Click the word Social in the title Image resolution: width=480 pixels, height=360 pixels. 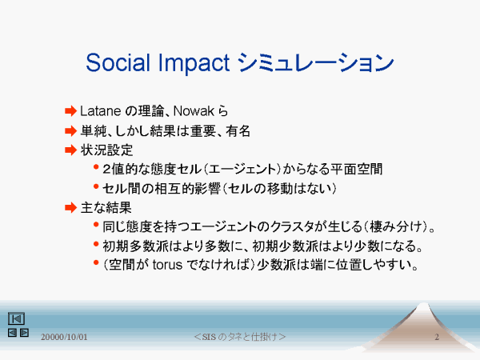pos(118,62)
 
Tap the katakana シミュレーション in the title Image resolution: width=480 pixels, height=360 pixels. pos(316,62)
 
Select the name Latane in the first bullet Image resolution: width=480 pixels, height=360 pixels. pos(101,111)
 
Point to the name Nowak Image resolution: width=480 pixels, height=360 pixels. pos(194,111)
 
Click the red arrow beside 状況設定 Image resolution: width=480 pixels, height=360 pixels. pos(70,150)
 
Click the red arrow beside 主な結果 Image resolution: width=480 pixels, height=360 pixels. pos(70,207)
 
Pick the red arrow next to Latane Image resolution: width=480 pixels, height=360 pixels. pos(70,111)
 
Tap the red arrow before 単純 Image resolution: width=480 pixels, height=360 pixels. pos(70,131)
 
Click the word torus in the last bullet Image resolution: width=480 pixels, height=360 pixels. pos(167,265)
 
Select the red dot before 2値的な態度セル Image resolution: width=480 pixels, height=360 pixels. pos(96,167)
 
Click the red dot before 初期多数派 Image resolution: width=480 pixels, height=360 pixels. pos(96,244)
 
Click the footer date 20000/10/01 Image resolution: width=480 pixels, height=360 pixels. pos(64,337)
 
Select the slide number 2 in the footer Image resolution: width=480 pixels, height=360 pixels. pos(437,337)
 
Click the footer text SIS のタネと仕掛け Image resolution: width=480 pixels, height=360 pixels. pos(240,337)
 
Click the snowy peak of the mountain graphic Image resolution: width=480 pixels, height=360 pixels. pos(423,306)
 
